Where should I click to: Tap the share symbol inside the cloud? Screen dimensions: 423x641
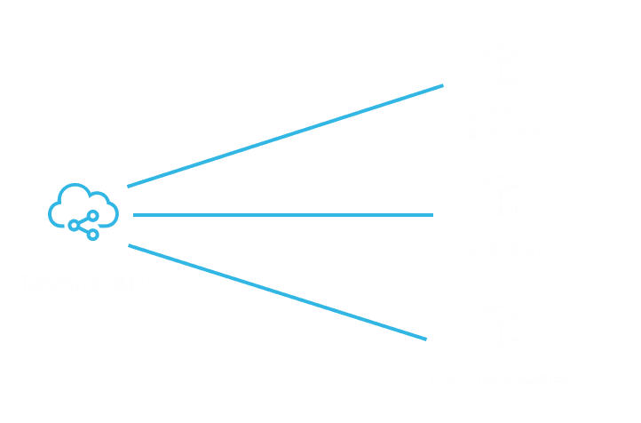(84, 225)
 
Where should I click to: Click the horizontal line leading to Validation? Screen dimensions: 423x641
(282, 215)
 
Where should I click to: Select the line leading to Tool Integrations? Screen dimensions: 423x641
(278, 292)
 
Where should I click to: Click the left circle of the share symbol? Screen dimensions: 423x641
(74, 226)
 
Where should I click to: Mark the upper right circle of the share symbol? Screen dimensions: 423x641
(92, 216)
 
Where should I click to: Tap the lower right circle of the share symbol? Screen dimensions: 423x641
(92, 235)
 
